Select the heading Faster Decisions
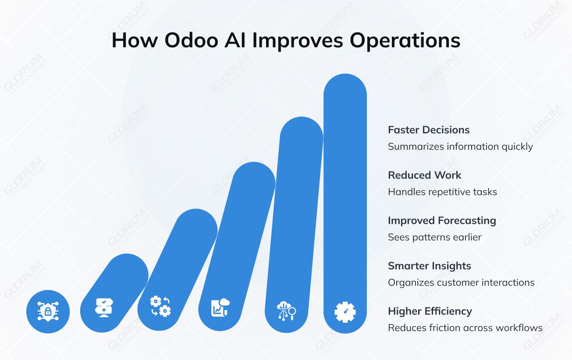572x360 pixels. pos(428,130)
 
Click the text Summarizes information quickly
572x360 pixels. pos(460,146)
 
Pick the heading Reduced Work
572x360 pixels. pos(424,175)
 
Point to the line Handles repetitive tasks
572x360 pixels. pos(442,192)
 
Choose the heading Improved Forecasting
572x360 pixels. pos(441,220)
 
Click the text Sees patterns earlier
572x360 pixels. pos(434,237)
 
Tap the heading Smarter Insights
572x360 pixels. pos(429,266)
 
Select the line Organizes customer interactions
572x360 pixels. pos(461,282)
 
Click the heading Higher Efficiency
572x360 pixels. pos(430,311)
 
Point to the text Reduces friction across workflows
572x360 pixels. pos(465,328)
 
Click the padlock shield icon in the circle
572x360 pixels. pos(48,311)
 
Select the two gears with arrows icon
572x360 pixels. pos(160,306)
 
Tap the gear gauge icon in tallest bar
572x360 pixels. pos(345,312)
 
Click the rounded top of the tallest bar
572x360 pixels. pos(345,88)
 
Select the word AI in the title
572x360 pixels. pos(238,40)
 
